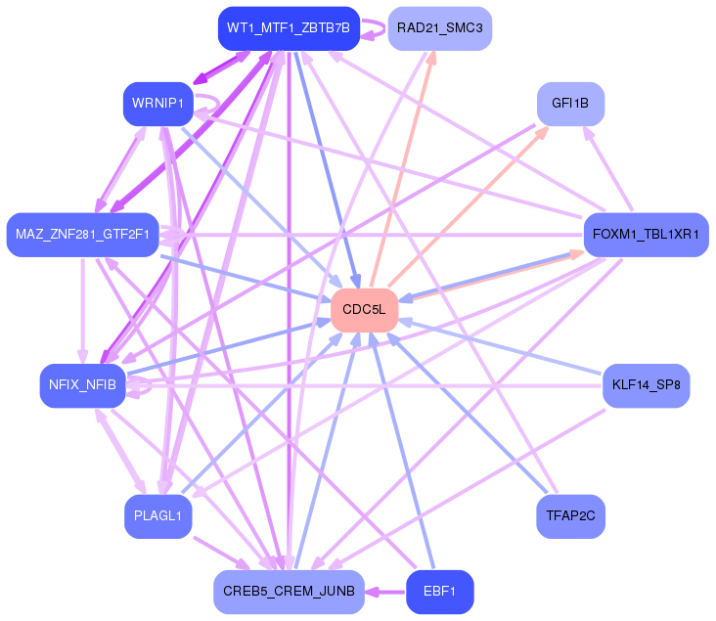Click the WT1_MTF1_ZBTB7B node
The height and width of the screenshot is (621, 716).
(x=289, y=28)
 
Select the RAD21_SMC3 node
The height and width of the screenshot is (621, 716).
(x=440, y=28)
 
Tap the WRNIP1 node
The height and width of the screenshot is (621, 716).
(x=158, y=104)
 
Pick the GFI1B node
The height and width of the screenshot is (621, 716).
(x=570, y=104)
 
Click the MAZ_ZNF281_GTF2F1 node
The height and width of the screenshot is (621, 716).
(x=82, y=235)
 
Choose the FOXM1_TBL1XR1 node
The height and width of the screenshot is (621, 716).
(x=647, y=235)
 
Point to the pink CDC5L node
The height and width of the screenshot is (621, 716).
(x=365, y=310)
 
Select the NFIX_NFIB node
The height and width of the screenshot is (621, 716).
(x=82, y=385)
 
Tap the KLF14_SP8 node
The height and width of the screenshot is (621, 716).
(x=647, y=385)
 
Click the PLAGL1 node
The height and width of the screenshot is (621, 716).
(x=158, y=516)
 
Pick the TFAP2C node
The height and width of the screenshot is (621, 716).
(x=570, y=516)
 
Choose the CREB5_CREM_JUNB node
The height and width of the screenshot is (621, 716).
(x=289, y=592)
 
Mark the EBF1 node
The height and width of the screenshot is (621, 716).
(x=440, y=592)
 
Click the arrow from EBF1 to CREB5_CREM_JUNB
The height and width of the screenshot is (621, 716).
(x=385, y=593)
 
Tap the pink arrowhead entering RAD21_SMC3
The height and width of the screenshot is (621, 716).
(x=430, y=57)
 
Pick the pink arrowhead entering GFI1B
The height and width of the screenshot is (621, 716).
(x=542, y=132)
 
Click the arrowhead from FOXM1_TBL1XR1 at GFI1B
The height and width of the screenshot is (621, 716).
(x=589, y=133)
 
